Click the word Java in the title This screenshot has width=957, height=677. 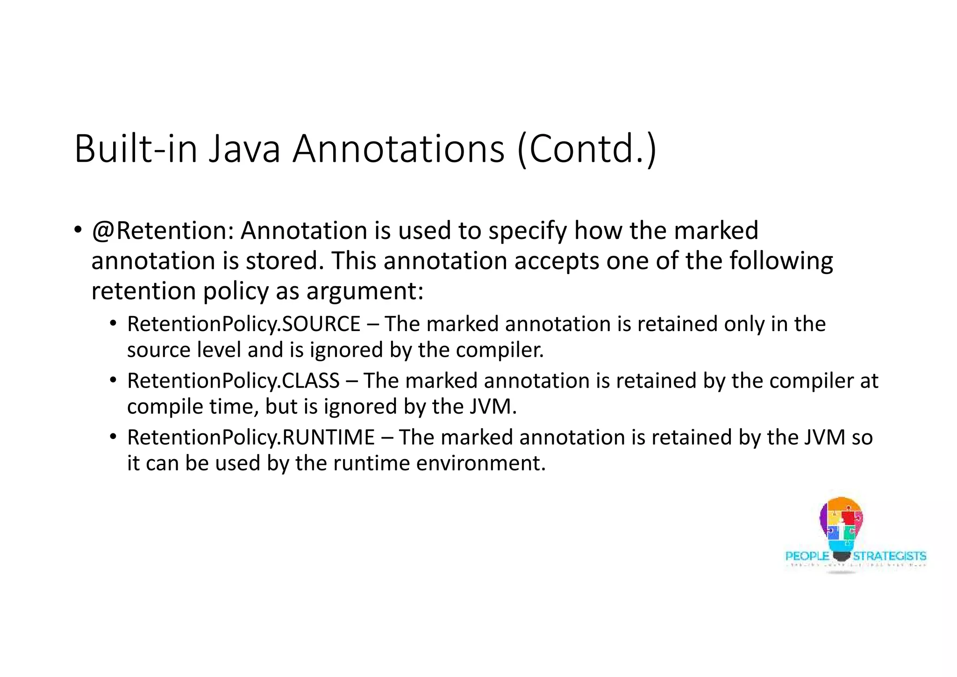click(244, 149)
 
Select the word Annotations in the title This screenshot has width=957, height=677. click(399, 149)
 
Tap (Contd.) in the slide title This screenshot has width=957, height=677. click(587, 149)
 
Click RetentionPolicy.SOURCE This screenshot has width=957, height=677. click(243, 324)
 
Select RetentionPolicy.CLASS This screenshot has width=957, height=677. click(233, 381)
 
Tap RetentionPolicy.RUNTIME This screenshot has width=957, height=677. click(251, 438)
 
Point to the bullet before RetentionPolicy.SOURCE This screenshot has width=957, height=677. click(113, 324)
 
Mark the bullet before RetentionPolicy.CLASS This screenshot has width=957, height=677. click(113, 380)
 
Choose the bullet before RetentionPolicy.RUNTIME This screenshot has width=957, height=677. click(113, 437)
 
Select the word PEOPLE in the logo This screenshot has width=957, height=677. click(807, 556)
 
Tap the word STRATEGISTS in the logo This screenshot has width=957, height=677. click(889, 556)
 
